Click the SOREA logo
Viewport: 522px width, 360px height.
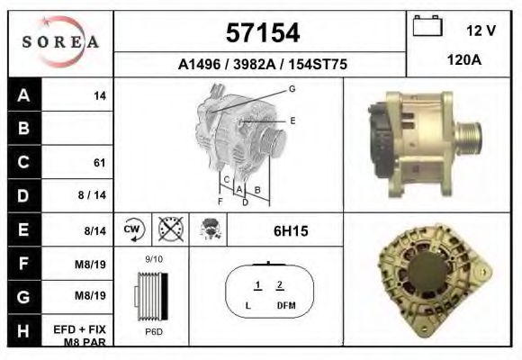point(60,41)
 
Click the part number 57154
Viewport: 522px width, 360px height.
point(263,33)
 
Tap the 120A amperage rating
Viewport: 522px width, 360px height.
point(464,60)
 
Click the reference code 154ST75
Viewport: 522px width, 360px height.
point(318,64)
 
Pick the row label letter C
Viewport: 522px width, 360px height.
point(23,162)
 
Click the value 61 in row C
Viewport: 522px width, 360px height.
point(100,163)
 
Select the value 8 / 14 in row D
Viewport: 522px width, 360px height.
point(92,194)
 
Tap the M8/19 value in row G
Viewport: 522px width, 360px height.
point(90,295)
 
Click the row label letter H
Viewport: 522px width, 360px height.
point(23,330)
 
